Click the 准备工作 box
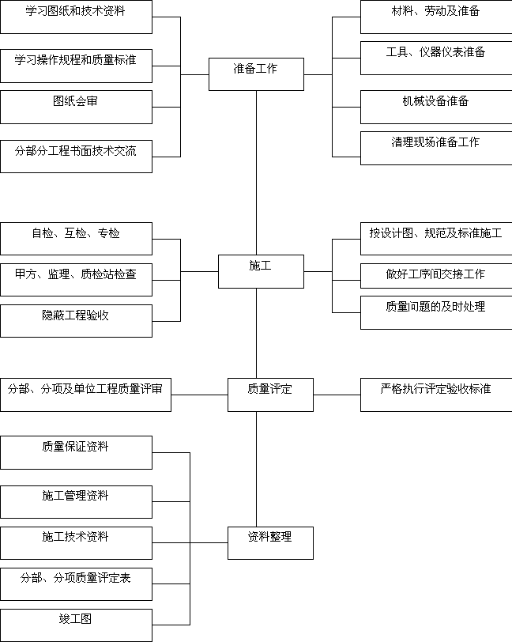click(x=256, y=74)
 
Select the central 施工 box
click(x=261, y=271)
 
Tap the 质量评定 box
click(x=270, y=395)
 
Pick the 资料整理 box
click(x=270, y=543)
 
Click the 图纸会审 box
click(x=76, y=107)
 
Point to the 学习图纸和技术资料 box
click(x=76, y=17)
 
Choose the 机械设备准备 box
click(x=436, y=107)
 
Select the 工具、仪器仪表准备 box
click(x=436, y=58)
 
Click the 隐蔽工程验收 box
click(x=76, y=320)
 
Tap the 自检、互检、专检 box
click(x=76, y=239)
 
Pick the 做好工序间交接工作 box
click(x=436, y=276)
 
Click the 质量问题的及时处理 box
click(x=436, y=312)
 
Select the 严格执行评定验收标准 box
click(x=436, y=395)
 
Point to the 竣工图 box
click(x=76, y=625)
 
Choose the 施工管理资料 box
click(x=76, y=502)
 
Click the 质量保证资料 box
click(x=76, y=452)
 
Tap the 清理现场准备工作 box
click(x=436, y=148)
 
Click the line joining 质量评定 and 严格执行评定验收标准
click(x=337, y=395)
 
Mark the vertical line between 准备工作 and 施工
click(x=257, y=173)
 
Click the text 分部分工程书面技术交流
click(x=75, y=151)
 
